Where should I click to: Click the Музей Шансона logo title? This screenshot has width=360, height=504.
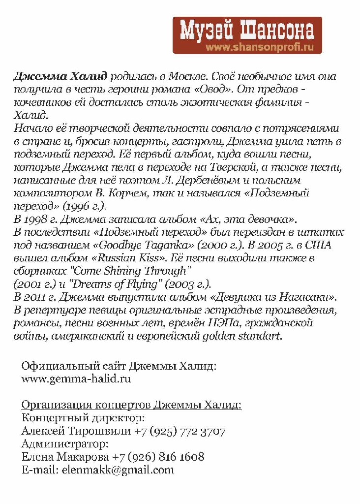coord(247,31)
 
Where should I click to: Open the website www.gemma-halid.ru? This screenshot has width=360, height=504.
coord(76,379)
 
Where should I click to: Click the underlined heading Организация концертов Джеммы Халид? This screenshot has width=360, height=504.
coord(131,406)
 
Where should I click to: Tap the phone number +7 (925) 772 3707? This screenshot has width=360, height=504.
coord(180,432)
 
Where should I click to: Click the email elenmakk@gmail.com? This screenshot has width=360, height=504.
coord(118,470)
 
